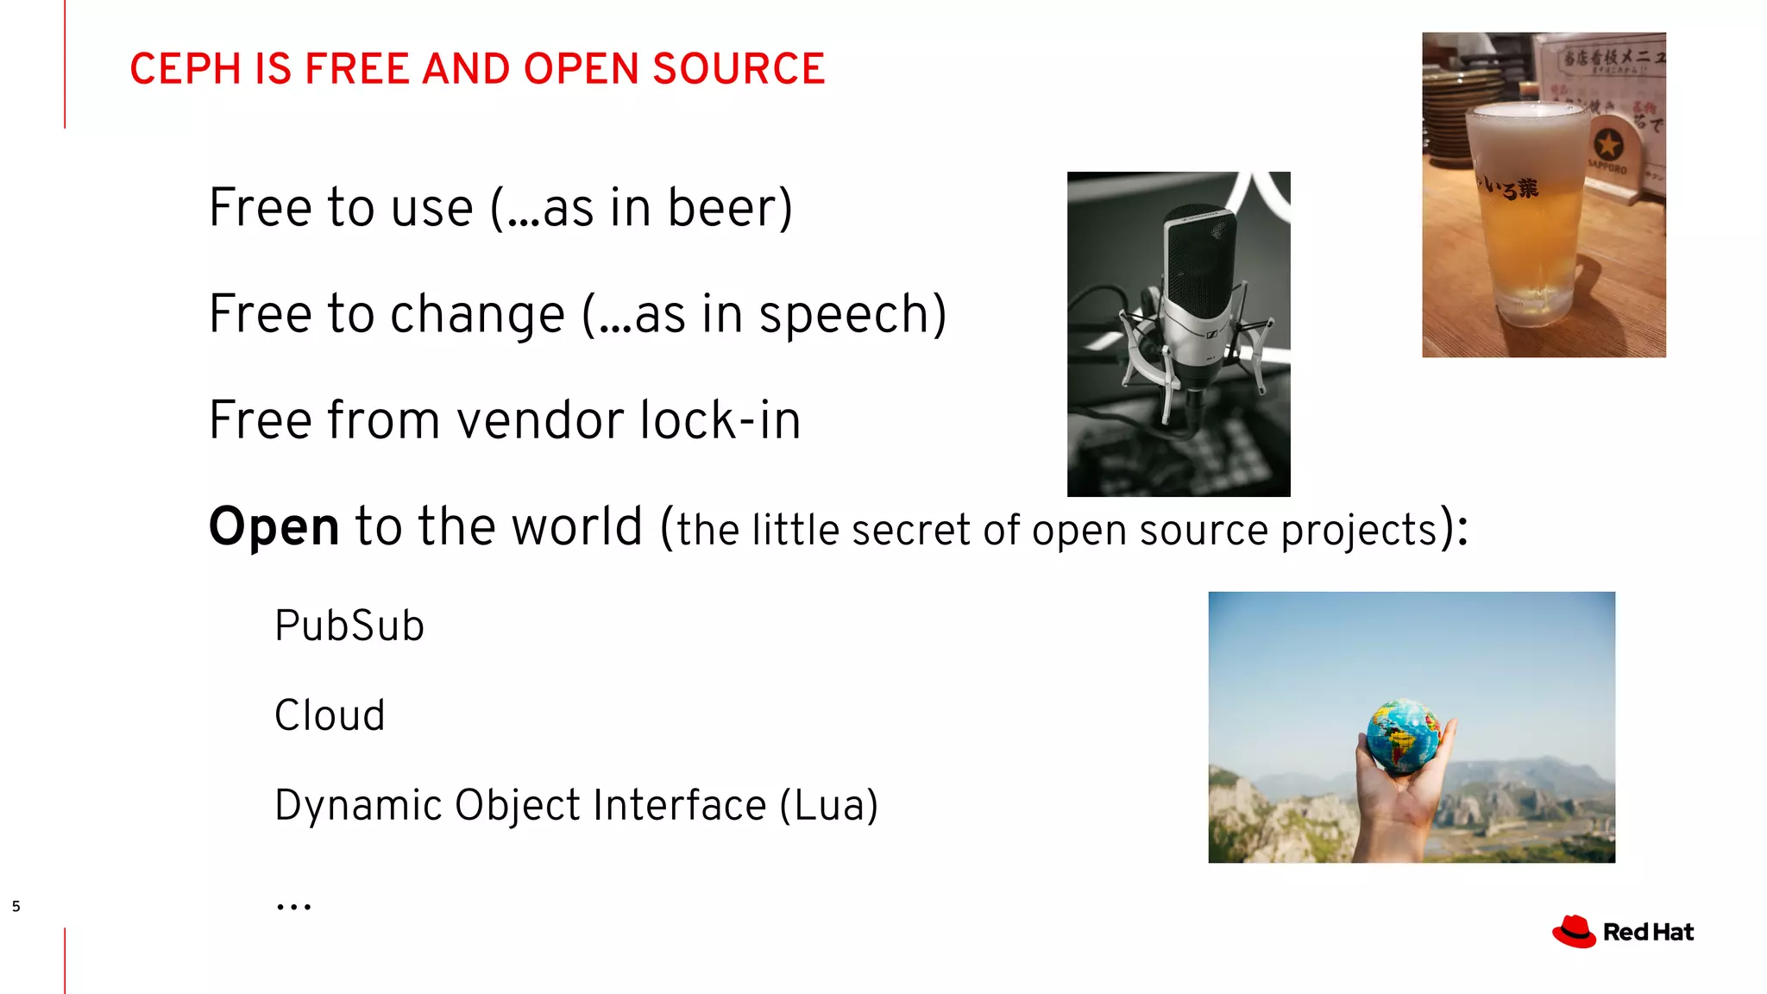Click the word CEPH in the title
click(185, 69)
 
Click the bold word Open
click(274, 526)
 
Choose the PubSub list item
click(349, 626)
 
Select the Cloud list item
click(330, 715)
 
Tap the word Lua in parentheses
click(829, 805)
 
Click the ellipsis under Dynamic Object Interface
click(293, 905)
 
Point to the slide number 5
click(16, 906)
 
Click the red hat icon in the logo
click(1574, 932)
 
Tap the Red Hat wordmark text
click(1648, 933)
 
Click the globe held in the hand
click(1404, 734)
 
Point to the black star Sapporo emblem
click(1607, 144)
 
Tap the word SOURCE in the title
click(739, 69)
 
